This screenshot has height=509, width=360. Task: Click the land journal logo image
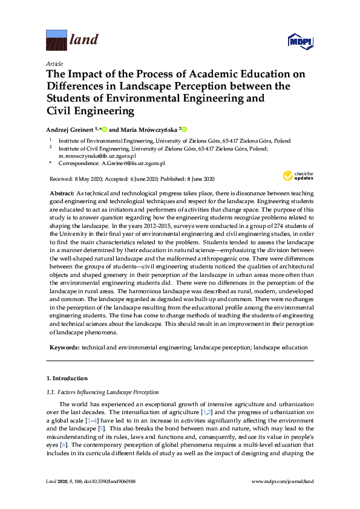click(x=56, y=41)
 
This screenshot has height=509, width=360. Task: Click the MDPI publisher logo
click(x=298, y=42)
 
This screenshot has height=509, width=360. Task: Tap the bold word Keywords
click(x=64, y=348)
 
